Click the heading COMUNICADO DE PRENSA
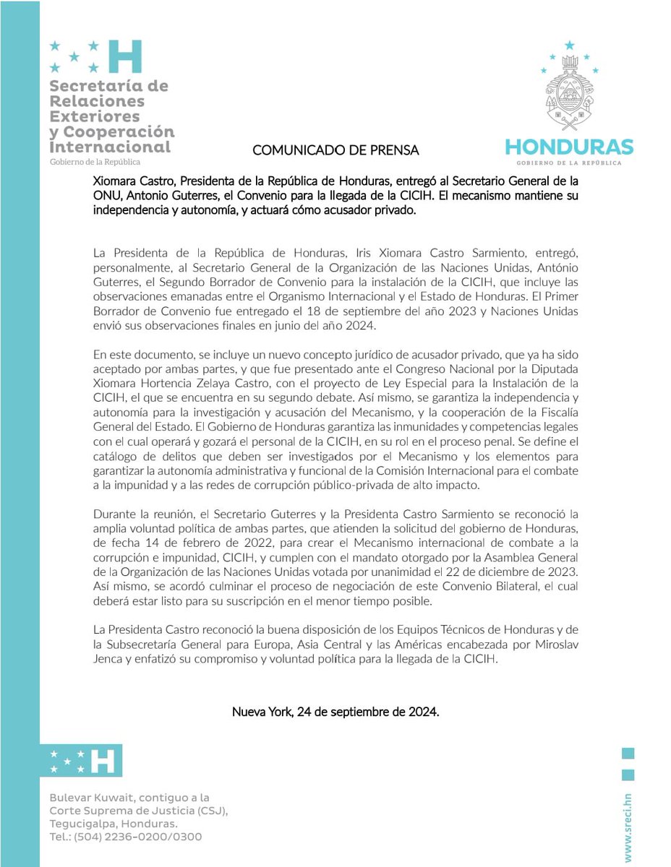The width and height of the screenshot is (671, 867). coord(335,150)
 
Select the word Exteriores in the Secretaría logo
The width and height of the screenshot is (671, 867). coord(95,116)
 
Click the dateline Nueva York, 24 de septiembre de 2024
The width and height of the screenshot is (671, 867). coord(335,712)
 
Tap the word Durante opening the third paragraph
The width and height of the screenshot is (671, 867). coord(116,514)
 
